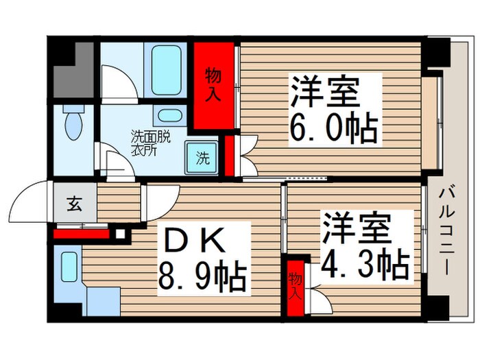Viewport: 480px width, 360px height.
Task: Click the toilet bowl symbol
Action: click(73, 123)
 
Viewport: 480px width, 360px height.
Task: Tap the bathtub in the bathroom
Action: click(166, 70)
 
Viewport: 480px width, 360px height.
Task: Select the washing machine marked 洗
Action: click(202, 158)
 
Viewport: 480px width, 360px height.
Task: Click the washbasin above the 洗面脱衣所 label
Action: click(170, 116)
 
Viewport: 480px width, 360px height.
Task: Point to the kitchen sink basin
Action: click(69, 267)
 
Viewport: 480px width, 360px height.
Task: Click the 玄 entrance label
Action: click(74, 204)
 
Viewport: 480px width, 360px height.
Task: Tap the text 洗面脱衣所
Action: click(150, 143)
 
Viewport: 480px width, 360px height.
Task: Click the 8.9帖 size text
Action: click(202, 278)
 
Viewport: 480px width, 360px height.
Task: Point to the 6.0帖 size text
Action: click(333, 128)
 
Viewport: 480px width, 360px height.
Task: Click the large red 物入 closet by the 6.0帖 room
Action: click(214, 86)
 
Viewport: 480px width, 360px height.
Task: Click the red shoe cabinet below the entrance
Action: click(82, 235)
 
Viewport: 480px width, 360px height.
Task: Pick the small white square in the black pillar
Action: click(120, 235)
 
